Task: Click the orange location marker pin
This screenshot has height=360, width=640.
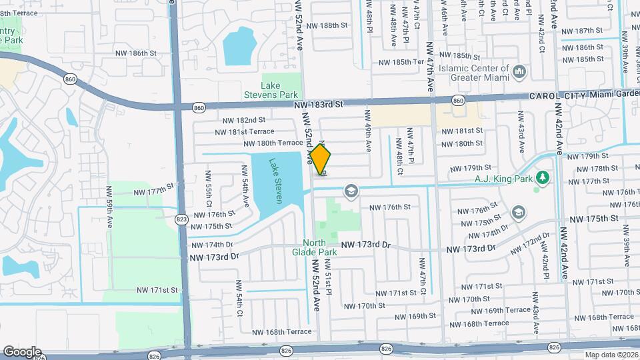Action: tap(321, 159)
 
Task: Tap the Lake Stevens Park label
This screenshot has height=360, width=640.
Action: tap(280, 90)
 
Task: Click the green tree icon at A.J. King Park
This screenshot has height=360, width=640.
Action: tap(543, 177)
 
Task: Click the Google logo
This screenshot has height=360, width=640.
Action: tap(21, 351)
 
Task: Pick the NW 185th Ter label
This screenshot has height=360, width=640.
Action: tap(401, 62)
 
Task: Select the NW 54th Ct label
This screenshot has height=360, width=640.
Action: tap(237, 298)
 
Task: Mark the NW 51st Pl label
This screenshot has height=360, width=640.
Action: tap(328, 279)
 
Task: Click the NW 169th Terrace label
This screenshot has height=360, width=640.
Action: tap(508, 311)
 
